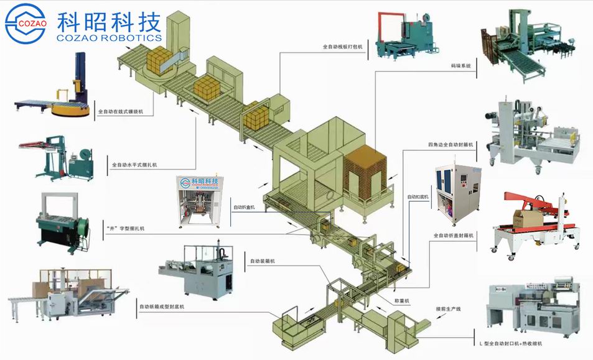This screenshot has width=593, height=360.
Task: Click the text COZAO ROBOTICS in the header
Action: pyautogui.click(x=110, y=38)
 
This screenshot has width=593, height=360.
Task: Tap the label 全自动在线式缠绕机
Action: pyautogui.click(x=121, y=113)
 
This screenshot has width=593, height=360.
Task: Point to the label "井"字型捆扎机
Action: pyautogui.click(x=125, y=229)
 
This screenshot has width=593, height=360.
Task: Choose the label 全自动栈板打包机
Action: pyautogui.click(x=342, y=47)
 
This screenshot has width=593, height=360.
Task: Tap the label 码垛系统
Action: pyautogui.click(x=461, y=65)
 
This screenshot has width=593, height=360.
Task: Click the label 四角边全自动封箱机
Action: pyautogui.click(x=451, y=144)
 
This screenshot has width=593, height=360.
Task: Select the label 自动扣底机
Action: pyautogui.click(x=419, y=196)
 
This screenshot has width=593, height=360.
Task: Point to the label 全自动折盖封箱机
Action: pyautogui.click(x=454, y=236)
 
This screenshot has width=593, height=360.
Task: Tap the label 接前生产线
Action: pyautogui.click(x=441, y=308)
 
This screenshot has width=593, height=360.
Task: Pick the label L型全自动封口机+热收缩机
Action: pyautogui.click(x=511, y=343)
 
